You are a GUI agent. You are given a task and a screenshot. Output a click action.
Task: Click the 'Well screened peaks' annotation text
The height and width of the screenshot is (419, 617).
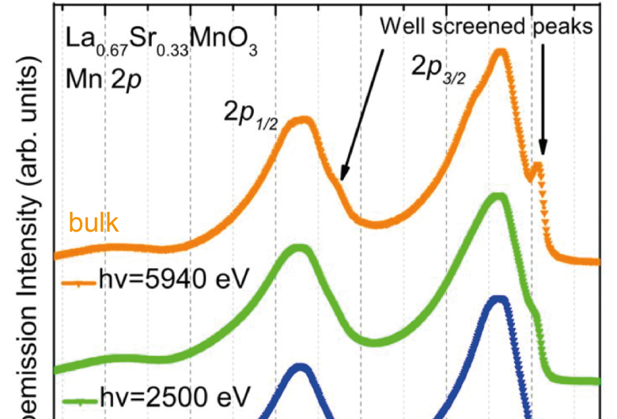pyautogui.click(x=486, y=26)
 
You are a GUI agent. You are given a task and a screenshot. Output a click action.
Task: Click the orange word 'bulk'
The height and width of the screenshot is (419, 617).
pyautogui.click(x=93, y=224)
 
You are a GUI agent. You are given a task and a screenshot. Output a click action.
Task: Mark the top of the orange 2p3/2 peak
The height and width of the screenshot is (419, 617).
pyautogui.click(x=500, y=52)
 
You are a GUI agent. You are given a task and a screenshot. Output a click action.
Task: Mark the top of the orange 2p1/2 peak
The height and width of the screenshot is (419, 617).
pyautogui.click(x=300, y=121)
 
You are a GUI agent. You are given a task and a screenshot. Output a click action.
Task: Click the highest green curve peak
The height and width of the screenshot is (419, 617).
pyautogui.click(x=498, y=196)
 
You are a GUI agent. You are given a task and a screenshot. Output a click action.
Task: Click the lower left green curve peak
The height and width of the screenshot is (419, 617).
pyautogui.click(x=299, y=248)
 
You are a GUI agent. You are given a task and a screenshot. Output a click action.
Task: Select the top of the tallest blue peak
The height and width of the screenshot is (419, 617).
pyautogui.click(x=498, y=300)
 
